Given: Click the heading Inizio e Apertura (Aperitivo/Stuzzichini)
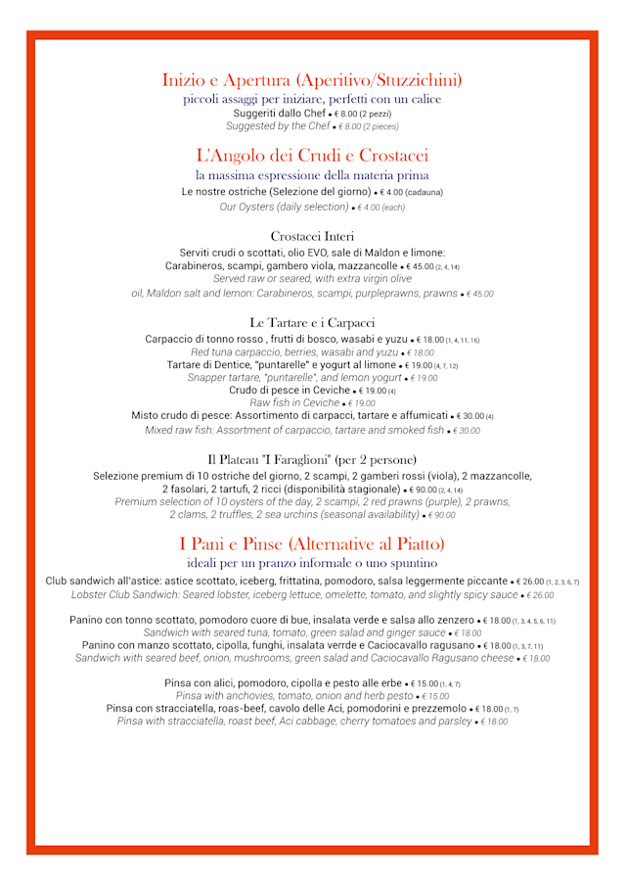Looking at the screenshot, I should (x=312, y=79).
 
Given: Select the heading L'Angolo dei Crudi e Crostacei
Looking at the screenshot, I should (x=312, y=155).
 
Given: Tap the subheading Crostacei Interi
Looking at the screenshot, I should (x=312, y=236).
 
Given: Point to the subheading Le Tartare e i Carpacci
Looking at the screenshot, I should (x=312, y=322).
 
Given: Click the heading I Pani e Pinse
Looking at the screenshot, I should (x=312, y=543).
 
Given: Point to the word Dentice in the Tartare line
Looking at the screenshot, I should (x=231, y=364).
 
